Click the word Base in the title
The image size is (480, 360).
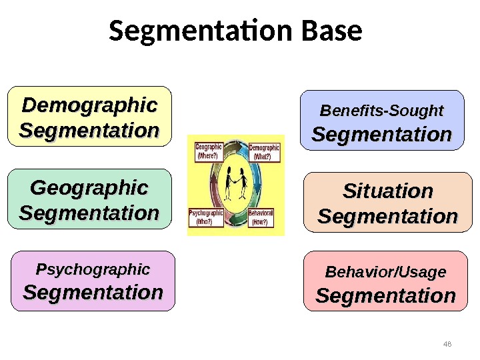click(332, 31)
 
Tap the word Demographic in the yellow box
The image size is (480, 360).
click(89, 105)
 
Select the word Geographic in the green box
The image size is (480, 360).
click(89, 189)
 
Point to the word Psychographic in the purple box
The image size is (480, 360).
click(93, 269)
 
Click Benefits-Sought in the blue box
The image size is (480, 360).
click(382, 110)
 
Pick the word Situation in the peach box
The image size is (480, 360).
click(387, 192)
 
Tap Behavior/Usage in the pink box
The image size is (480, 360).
click(385, 272)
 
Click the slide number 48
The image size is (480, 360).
click(447, 344)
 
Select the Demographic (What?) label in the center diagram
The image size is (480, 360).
click(264, 151)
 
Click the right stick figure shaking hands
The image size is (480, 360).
click(243, 183)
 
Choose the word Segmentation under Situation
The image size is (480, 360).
click(387, 217)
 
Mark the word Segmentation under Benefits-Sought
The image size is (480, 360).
click(382, 135)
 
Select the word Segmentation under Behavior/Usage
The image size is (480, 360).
click(385, 295)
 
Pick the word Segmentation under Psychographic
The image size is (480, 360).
click(93, 292)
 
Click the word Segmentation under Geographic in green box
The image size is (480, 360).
click(89, 213)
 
